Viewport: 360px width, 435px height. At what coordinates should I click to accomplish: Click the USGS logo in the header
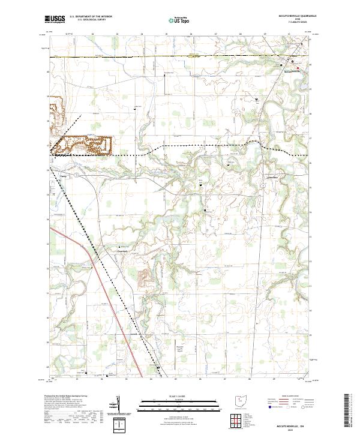tap(55, 19)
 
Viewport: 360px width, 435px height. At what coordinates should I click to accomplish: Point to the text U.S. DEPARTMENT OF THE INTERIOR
tap(91, 17)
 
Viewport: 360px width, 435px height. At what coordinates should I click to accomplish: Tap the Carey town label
tap(64, 176)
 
